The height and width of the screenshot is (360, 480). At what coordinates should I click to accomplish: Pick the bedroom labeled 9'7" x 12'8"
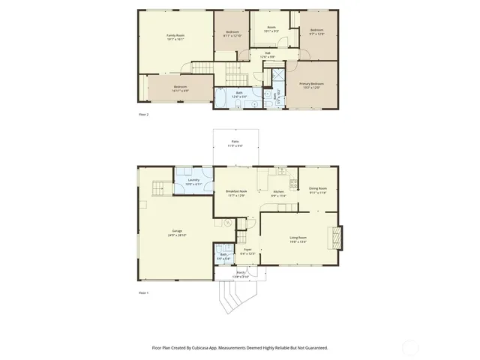point(316,31)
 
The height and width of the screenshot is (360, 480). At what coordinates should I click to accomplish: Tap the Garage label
point(177,233)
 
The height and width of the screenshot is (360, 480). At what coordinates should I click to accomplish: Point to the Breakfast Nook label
point(236,192)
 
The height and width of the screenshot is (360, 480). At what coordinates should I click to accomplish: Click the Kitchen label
point(277,192)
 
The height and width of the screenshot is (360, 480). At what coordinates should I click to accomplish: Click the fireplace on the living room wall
point(337,238)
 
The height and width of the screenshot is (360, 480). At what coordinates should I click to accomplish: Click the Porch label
point(241,275)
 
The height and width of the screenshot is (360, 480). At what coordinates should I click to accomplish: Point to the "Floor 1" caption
point(144,292)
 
